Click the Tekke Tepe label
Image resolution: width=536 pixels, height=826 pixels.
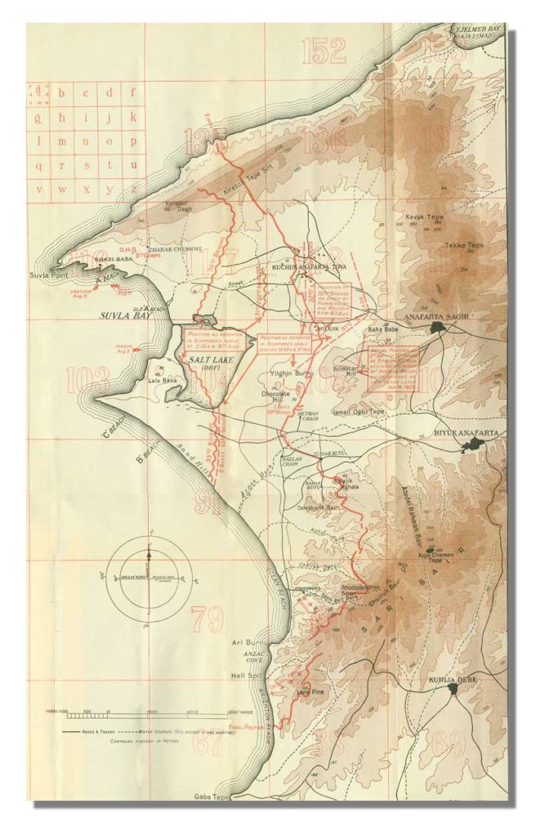(x=460, y=245)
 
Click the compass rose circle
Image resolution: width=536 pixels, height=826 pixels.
(x=149, y=565)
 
